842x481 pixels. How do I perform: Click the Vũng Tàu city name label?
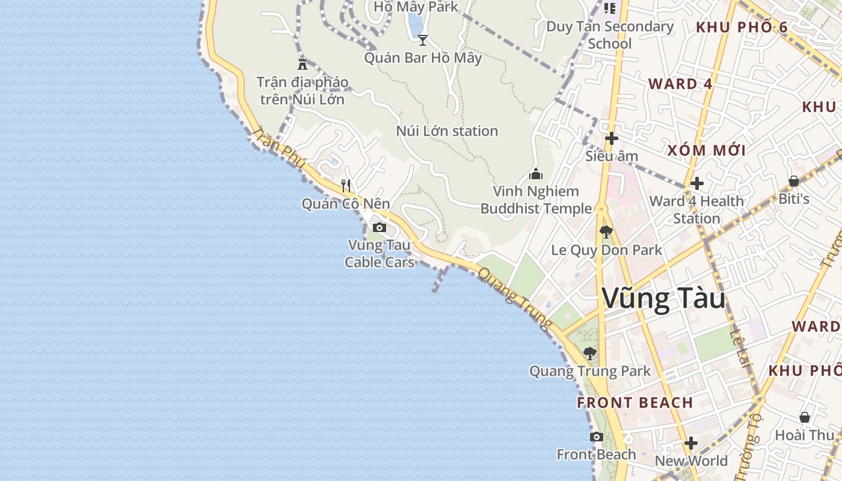pyautogui.click(x=663, y=299)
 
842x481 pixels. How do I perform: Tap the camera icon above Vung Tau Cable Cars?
pyautogui.click(x=379, y=227)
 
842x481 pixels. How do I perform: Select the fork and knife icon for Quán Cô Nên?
pyautogui.click(x=345, y=185)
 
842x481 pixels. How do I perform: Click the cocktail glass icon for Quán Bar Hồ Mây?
pyautogui.click(x=423, y=40)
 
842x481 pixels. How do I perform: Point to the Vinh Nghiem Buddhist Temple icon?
pyautogui.click(x=535, y=174)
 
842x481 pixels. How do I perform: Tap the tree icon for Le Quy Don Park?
pyautogui.click(x=606, y=231)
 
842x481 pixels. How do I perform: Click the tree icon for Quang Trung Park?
pyautogui.click(x=589, y=353)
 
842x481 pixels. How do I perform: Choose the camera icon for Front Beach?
pyautogui.click(x=596, y=437)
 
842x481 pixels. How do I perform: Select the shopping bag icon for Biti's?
pyautogui.click(x=793, y=181)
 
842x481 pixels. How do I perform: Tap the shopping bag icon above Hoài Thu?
pyautogui.click(x=804, y=417)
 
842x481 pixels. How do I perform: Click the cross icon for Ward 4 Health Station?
pyautogui.click(x=696, y=183)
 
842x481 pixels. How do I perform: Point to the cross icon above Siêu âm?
pyautogui.click(x=611, y=138)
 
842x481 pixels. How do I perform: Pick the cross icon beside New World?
pyautogui.click(x=690, y=444)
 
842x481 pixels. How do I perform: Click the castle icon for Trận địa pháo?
pyautogui.click(x=303, y=64)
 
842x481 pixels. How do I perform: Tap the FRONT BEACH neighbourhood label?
pyautogui.click(x=635, y=403)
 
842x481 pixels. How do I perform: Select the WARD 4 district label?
pyautogui.click(x=680, y=84)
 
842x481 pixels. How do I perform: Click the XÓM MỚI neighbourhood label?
pyautogui.click(x=706, y=150)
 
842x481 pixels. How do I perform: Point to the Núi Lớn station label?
pyautogui.click(x=447, y=131)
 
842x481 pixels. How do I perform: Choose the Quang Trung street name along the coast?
pyautogui.click(x=515, y=299)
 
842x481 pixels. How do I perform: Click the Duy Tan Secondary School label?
pyautogui.click(x=610, y=35)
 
